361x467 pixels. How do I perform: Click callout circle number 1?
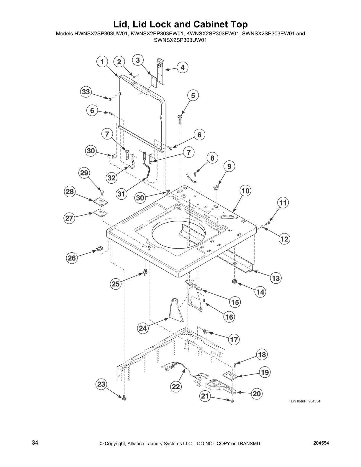click(102, 62)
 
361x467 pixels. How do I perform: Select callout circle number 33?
click(86, 92)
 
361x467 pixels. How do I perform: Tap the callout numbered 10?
click(245, 191)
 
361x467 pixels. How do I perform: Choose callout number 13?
click(276, 278)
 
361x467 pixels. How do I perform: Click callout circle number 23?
click(101, 384)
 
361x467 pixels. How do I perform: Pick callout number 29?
click(84, 173)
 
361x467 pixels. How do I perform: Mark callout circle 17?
click(234, 340)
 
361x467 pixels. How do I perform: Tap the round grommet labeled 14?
click(235, 282)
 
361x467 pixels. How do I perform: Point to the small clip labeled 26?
click(99, 249)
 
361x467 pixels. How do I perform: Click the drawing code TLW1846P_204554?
click(304, 401)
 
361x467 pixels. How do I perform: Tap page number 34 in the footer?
click(35, 443)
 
